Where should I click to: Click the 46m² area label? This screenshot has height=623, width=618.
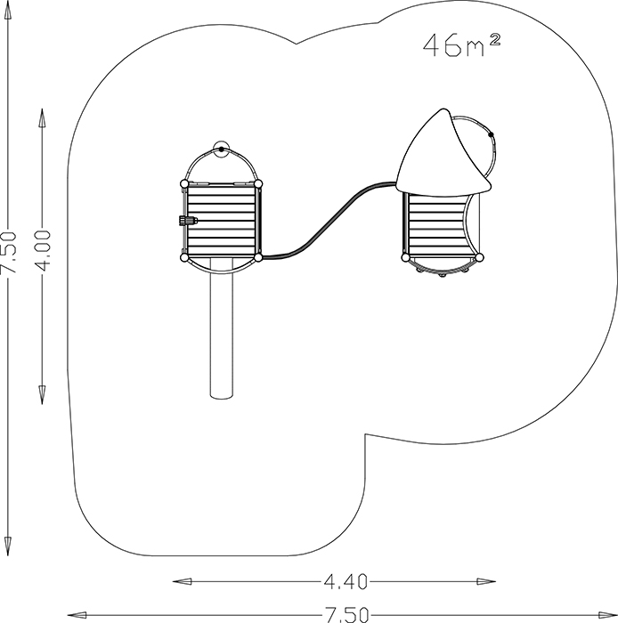461,45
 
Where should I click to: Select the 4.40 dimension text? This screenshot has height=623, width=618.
346,582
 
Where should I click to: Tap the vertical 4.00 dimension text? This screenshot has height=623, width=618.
43,251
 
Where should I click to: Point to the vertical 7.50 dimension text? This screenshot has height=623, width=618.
8,253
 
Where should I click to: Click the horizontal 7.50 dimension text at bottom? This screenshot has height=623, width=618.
346,614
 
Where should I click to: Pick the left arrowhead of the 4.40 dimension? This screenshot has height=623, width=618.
183,582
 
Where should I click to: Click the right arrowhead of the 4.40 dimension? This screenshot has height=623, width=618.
485,582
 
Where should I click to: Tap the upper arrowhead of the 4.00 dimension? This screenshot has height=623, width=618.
42,117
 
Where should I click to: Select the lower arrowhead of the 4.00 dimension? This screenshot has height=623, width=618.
42,394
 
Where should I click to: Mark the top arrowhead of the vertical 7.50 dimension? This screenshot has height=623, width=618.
7,10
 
